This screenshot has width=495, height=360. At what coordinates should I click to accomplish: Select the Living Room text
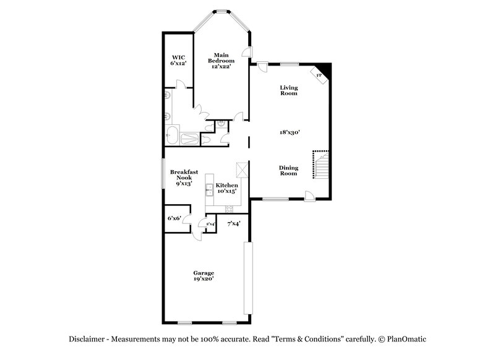[288, 90]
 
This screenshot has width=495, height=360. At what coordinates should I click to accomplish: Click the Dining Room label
[288, 170]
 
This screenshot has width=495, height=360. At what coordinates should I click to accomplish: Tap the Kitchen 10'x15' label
[226, 188]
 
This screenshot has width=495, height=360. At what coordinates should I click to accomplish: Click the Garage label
[203, 273]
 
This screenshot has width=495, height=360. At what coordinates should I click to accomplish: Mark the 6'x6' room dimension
[174, 218]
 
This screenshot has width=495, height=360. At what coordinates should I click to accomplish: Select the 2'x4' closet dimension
[210, 224]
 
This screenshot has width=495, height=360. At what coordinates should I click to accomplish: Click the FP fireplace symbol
[320, 75]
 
